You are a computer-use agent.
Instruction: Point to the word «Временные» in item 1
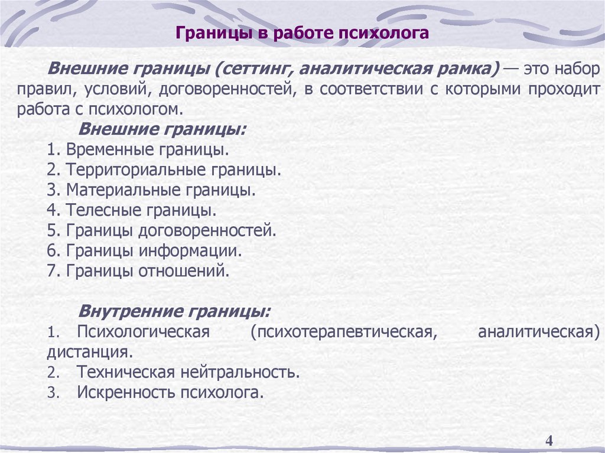point(101,150)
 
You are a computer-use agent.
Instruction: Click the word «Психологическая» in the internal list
point(144,331)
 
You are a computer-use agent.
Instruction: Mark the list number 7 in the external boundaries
point(51,271)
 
